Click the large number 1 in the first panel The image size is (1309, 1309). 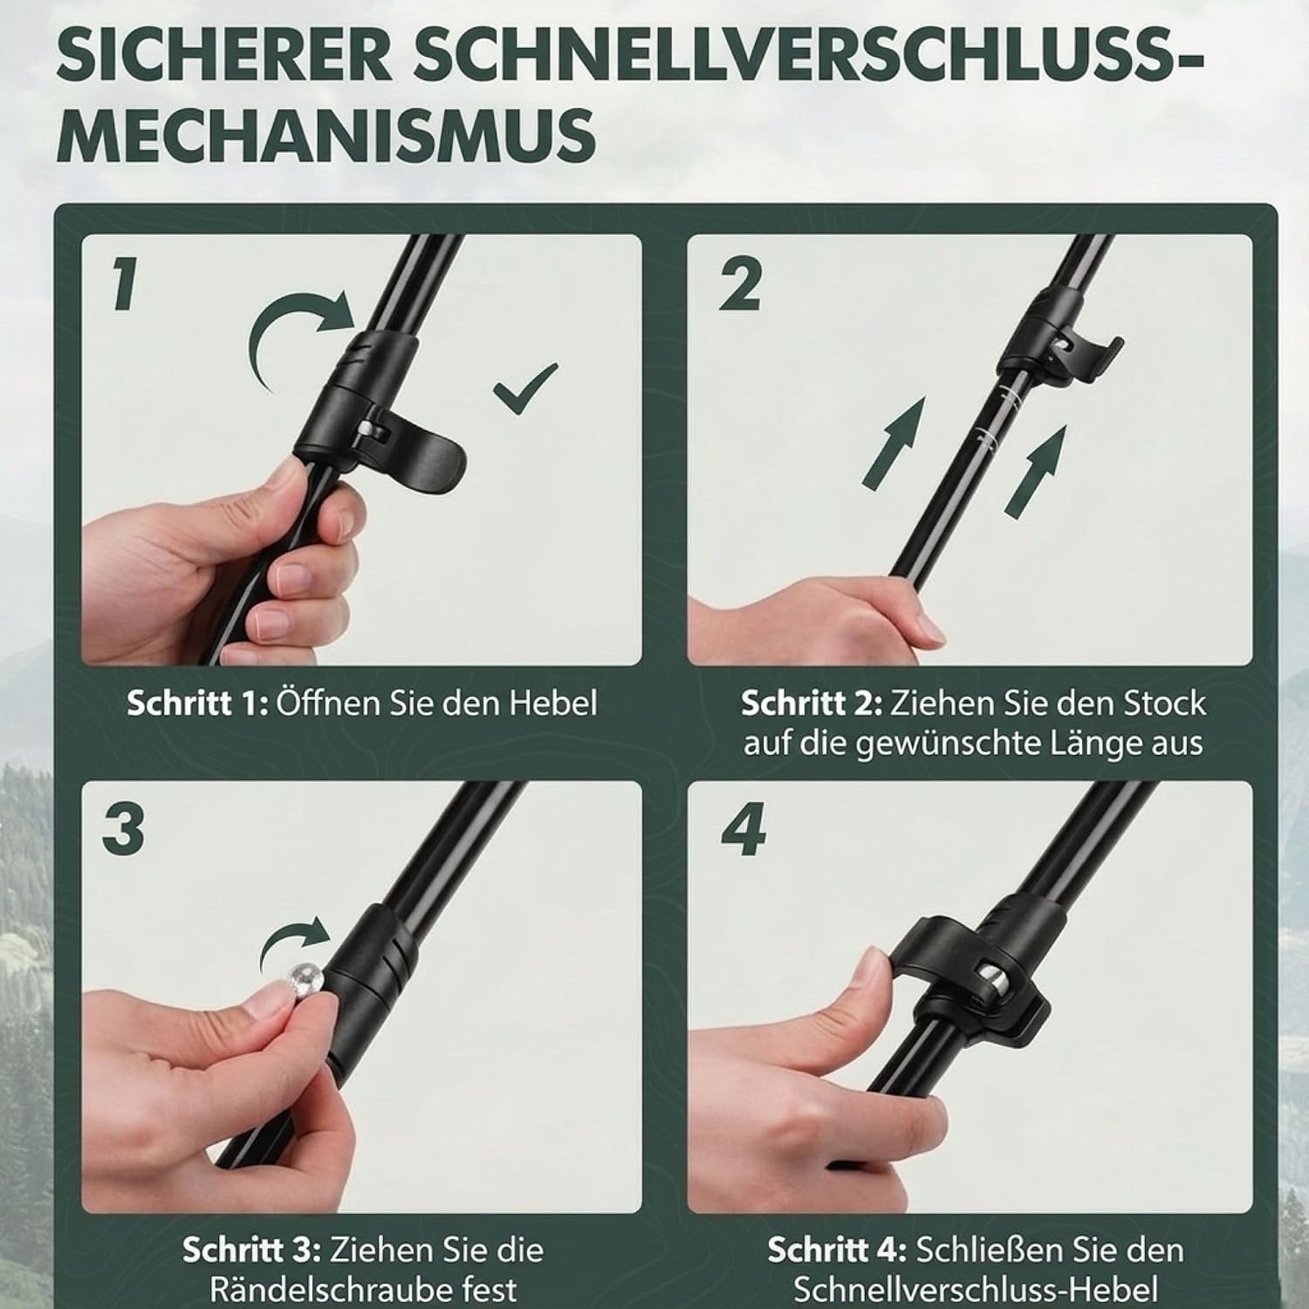pos(123,284)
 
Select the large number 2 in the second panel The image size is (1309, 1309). pos(740,284)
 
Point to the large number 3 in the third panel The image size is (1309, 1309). pos(123,830)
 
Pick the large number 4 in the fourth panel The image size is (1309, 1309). pos(744,831)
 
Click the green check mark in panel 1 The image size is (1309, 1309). pos(525,389)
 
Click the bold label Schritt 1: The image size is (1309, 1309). pos(198,703)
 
